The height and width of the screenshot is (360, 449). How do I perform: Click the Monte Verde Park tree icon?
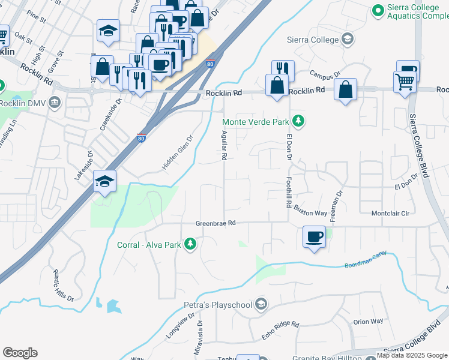pyautogui.click(x=298, y=122)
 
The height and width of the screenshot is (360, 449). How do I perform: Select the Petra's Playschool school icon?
pyautogui.click(x=261, y=305)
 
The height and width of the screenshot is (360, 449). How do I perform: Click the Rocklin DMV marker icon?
pyautogui.click(x=55, y=102)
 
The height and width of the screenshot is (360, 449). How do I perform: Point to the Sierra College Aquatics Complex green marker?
pyautogui.click(x=378, y=10)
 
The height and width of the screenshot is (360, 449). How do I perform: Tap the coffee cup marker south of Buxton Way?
pyautogui.click(x=314, y=237)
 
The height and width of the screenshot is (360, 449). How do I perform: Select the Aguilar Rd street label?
pyautogui.click(x=224, y=145)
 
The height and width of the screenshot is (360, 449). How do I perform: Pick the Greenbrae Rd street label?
pyautogui.click(x=215, y=223)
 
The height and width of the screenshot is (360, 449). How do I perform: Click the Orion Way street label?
pyautogui.click(x=368, y=322)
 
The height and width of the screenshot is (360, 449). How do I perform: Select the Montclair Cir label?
pyautogui.click(x=390, y=214)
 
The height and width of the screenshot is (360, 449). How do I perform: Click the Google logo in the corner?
pyautogui.click(x=20, y=353)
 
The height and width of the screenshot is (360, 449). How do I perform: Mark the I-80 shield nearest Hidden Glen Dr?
pyautogui.click(x=142, y=137)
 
